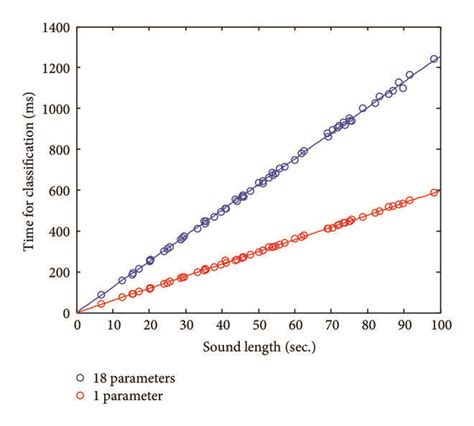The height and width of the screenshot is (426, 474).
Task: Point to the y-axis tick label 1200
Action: [56, 67]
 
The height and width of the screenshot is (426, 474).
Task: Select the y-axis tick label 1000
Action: [56, 108]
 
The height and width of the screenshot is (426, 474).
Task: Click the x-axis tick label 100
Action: [440, 326]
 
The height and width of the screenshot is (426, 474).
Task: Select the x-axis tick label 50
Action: [259, 326]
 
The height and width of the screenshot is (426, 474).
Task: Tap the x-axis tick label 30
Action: [186, 326]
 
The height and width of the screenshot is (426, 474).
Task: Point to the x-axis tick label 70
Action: [331, 326]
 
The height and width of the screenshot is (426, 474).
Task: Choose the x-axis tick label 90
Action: [404, 326]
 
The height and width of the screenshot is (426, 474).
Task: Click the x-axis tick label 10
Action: [114, 326]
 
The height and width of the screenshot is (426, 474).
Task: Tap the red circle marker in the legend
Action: [81, 397]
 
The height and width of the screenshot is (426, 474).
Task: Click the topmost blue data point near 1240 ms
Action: [434, 59]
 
